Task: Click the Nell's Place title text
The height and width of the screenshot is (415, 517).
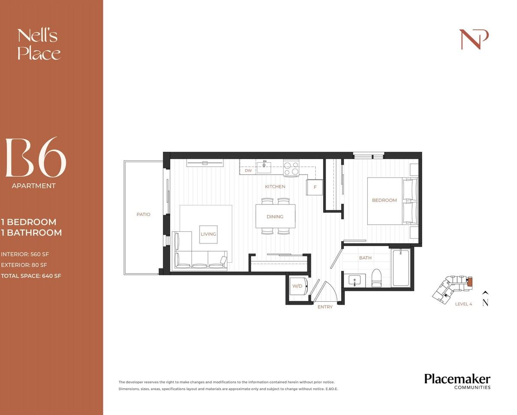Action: (38, 45)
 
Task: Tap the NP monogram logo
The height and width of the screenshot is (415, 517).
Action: (474, 39)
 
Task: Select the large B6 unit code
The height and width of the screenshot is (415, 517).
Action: (36, 158)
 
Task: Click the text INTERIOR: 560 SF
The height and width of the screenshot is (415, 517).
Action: (24, 254)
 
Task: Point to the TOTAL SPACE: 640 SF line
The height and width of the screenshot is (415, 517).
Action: (31, 275)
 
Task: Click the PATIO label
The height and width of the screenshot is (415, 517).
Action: (143, 214)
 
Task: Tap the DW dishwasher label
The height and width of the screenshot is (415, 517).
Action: (248, 171)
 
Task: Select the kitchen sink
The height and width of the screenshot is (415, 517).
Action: (263, 166)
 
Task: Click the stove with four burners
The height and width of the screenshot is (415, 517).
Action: (291, 168)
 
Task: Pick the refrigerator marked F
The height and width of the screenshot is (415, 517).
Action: (315, 187)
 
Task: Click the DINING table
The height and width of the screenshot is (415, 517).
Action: (275, 216)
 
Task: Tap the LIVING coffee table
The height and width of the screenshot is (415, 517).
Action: (208, 234)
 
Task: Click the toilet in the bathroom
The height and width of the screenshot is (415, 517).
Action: (376, 278)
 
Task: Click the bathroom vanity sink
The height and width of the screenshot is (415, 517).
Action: (355, 280)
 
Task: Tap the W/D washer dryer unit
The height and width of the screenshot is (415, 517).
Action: (298, 286)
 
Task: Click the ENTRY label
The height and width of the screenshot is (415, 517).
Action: (325, 307)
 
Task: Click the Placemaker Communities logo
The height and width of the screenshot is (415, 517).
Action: (457, 381)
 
